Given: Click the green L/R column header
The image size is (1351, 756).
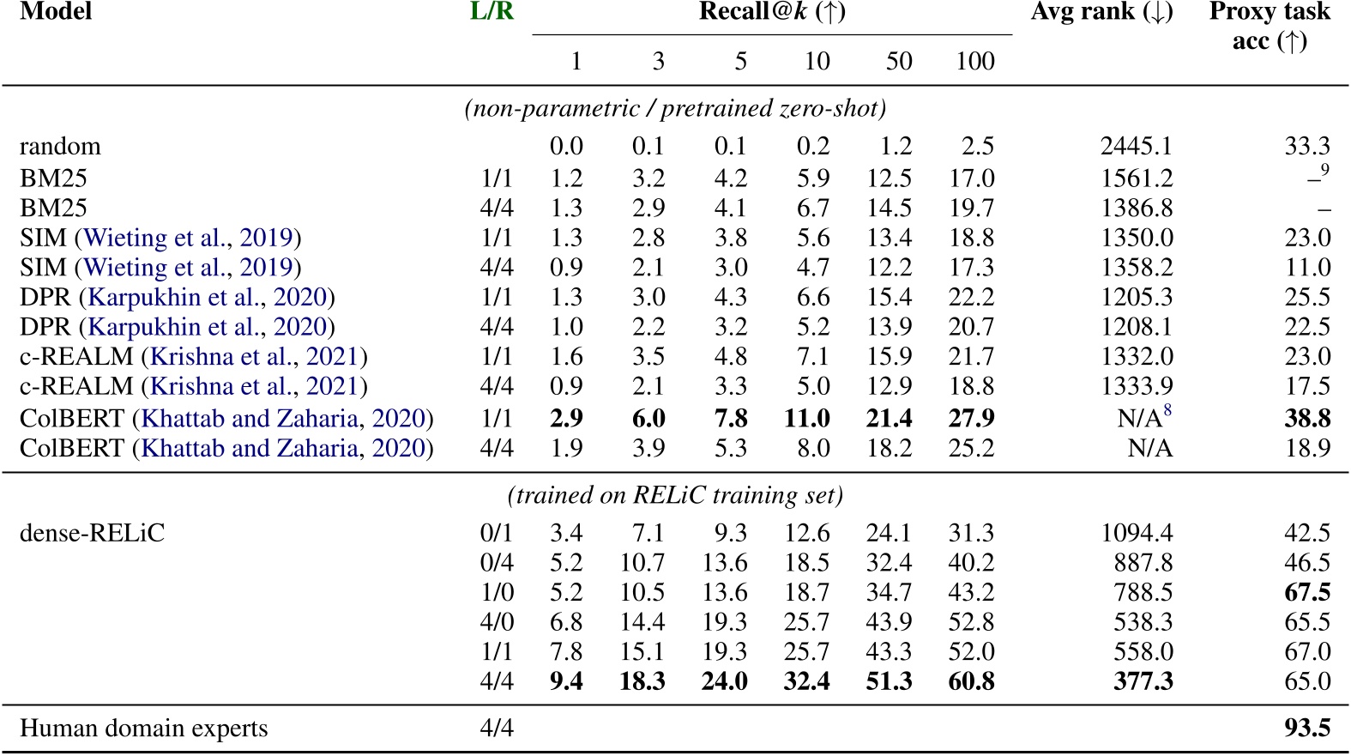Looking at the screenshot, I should [x=492, y=11].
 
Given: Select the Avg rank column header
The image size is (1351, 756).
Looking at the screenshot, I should [x=1101, y=11].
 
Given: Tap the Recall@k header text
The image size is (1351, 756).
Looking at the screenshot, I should [x=772, y=11].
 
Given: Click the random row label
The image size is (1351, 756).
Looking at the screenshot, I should [x=60, y=146].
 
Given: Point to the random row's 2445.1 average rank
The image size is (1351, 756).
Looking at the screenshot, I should [x=1137, y=146].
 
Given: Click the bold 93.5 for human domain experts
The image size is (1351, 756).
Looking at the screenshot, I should [x=1307, y=728].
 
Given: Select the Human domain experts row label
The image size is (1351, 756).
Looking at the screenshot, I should [x=143, y=728].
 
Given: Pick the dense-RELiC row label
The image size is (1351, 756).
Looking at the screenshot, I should [x=92, y=532].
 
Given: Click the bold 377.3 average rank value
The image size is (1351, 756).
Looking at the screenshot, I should [x=1143, y=680].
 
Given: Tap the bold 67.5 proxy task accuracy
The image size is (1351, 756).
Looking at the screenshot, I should [x=1307, y=592].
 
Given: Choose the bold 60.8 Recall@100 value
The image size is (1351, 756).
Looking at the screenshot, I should [x=971, y=680].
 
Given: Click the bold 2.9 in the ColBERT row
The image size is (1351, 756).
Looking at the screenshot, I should [x=566, y=418].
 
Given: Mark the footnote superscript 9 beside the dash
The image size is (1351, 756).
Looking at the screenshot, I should [x=1325, y=170].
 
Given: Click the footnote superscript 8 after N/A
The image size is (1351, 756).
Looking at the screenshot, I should [x=1167, y=411].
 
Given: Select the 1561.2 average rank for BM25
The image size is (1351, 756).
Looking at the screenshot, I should [x=1137, y=178].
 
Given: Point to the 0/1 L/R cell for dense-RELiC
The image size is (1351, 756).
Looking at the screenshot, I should [x=497, y=532].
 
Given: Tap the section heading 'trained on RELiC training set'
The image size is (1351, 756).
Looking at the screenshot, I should [x=675, y=495].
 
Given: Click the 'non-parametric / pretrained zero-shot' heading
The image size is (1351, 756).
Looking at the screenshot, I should [x=675, y=108].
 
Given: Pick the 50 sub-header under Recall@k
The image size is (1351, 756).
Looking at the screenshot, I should [x=898, y=61].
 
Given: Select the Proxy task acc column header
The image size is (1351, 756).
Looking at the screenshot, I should [x=1270, y=26].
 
